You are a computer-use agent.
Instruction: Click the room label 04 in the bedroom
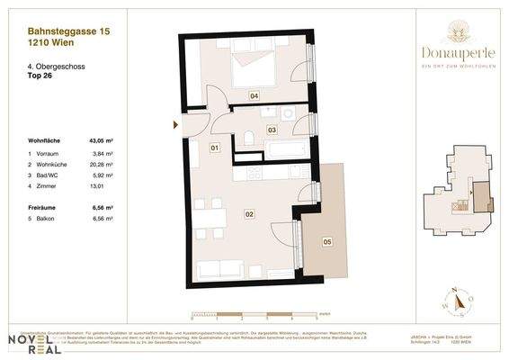[x=254, y=94]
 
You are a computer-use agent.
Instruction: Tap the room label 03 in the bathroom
[x=271, y=130]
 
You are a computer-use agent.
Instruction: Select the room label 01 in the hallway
[x=215, y=147]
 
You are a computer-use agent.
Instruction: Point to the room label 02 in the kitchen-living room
[x=249, y=213]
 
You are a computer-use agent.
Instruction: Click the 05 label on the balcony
[x=326, y=241]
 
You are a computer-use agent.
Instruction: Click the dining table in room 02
[x=206, y=220]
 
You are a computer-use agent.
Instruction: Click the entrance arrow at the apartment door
[x=175, y=124]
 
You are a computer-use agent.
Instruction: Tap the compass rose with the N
[x=458, y=301]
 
